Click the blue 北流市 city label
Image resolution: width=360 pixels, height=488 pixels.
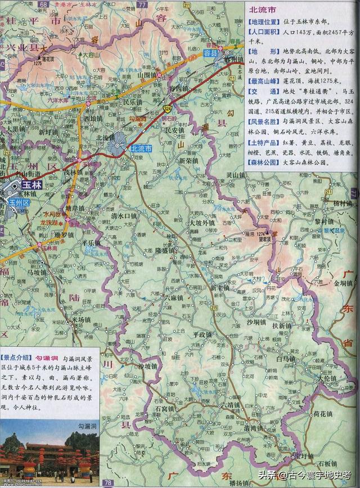pyautogui.click(x=141, y=148)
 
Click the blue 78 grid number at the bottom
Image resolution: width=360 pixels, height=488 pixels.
pyautogui.click(x=107, y=483)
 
